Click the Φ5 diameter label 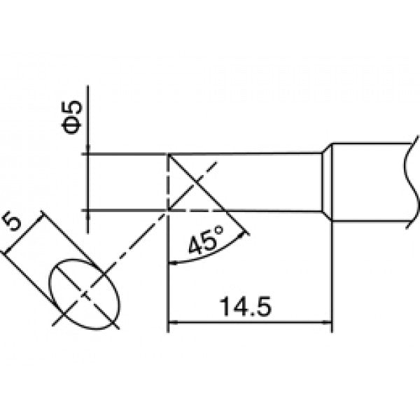tap(71, 117)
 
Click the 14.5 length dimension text tap(246, 307)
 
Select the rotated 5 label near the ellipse tap(13, 220)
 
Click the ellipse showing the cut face tap(85, 294)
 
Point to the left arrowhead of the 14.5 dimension tap(173, 323)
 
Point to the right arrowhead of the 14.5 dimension tap(327, 323)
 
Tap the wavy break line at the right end tap(411, 182)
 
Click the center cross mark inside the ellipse tap(85, 294)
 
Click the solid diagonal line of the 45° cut tap(209, 195)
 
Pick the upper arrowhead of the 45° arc tap(243, 235)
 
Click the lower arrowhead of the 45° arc tap(173, 264)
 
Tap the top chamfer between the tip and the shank tap(327, 148)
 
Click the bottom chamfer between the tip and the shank tap(327, 216)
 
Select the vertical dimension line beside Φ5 tap(88, 159)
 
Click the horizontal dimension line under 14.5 tap(250, 323)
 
